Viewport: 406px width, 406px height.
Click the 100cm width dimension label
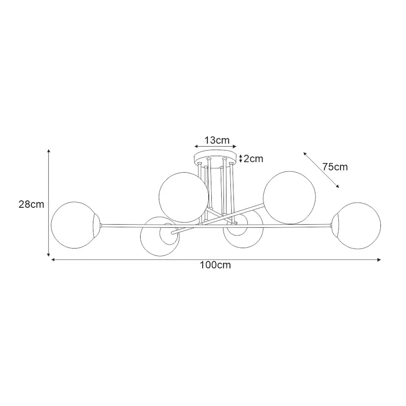pyautogui.click(x=215, y=265)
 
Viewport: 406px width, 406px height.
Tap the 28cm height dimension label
pyautogui.click(x=31, y=204)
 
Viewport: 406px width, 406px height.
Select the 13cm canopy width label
pyautogui.click(x=217, y=140)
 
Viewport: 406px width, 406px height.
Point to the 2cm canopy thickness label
pyautogui.click(x=253, y=159)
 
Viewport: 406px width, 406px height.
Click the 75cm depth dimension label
pyautogui.click(x=335, y=167)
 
